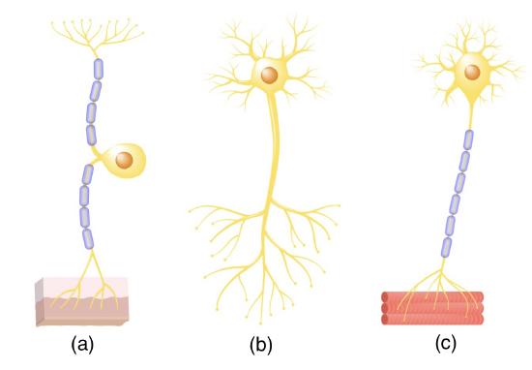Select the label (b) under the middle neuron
[261, 345]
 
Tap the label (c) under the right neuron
[446, 345]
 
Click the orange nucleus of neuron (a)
[124, 158]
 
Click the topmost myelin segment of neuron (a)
[96, 69]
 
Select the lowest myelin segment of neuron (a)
[90, 237]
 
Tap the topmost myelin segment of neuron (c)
[468, 139]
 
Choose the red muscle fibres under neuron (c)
[426, 307]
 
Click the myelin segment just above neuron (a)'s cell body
[92, 134]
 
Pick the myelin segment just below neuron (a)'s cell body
[87, 175]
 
